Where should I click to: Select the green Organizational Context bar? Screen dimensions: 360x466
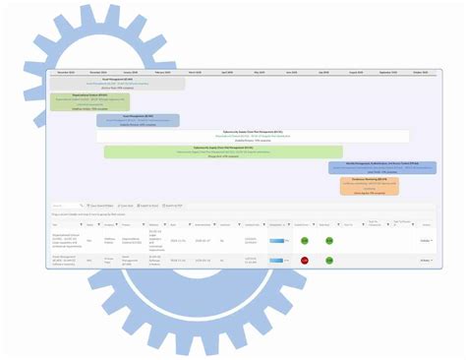pos(89,101)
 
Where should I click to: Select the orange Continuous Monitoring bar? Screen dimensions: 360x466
pos(369,184)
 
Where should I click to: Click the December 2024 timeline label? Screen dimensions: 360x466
pos(97,73)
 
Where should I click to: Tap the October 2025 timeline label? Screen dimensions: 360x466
pos(421,73)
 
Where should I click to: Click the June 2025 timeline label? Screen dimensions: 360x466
pos(291,73)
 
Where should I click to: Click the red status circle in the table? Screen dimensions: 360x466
pos(305,261)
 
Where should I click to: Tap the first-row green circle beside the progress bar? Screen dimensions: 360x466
pos(305,240)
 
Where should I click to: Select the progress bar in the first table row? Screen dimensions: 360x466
pos(277,240)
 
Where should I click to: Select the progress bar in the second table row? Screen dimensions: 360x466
pos(277,261)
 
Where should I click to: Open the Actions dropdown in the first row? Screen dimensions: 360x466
pos(425,240)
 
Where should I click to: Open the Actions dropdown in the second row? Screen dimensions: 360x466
pos(425,261)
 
